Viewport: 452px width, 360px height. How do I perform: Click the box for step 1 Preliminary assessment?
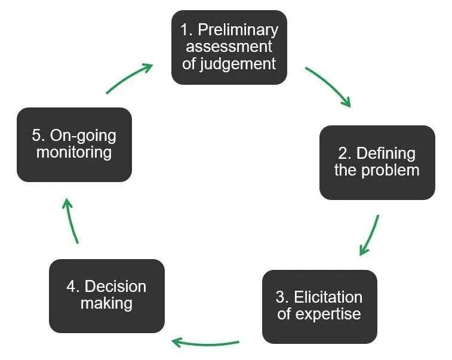(x=229, y=47)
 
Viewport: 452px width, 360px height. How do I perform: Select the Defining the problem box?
(x=377, y=162)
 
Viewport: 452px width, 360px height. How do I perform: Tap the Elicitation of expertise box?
(x=319, y=306)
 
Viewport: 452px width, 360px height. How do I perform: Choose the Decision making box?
(x=106, y=296)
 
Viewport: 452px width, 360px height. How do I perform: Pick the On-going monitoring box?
(x=74, y=144)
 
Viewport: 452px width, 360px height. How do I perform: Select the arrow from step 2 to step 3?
(x=370, y=235)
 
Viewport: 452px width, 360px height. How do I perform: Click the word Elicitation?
(x=328, y=297)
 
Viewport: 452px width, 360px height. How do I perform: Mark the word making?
(x=106, y=303)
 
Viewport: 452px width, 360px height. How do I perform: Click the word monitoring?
(x=74, y=152)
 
